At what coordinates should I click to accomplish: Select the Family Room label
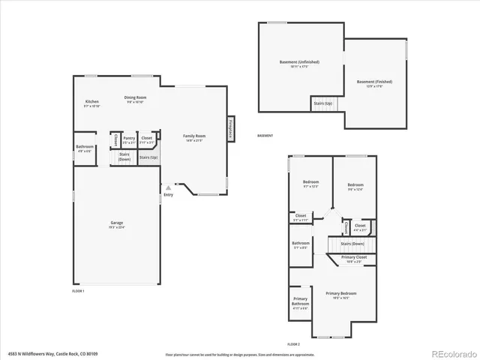click(x=194, y=136)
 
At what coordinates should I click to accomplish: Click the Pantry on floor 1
click(x=129, y=139)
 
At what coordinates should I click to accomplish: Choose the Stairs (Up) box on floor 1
click(x=148, y=157)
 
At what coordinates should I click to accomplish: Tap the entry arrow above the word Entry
click(x=169, y=186)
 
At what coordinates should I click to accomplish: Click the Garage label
click(x=116, y=223)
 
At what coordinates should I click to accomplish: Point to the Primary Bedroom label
click(x=340, y=293)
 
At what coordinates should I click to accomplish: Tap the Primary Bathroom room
click(x=300, y=303)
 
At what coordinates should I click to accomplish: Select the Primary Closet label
click(x=353, y=258)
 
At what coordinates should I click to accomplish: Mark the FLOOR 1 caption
click(x=79, y=290)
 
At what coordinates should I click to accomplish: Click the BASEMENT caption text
click(x=265, y=136)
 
